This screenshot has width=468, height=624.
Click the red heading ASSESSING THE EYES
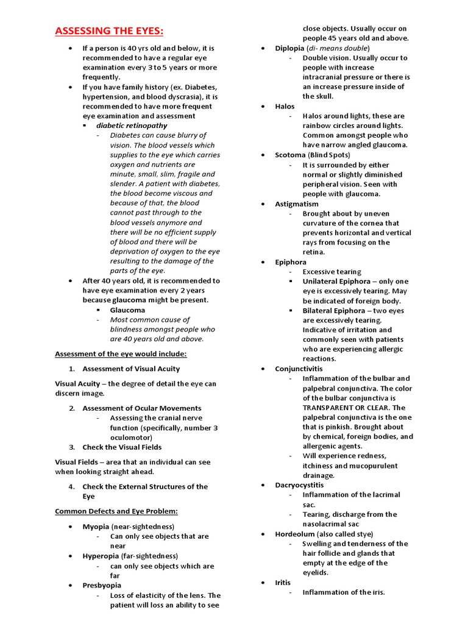coord(109,31)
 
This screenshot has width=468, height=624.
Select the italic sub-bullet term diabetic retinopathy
coord(131,126)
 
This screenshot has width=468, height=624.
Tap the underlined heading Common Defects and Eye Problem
coord(116,511)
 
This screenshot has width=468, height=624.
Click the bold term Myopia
coord(96,526)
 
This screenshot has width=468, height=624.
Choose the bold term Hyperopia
coord(99,556)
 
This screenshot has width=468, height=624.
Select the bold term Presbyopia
coord(102,586)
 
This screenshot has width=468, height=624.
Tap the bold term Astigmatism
coord(297,204)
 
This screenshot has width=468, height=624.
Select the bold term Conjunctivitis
coord(299,369)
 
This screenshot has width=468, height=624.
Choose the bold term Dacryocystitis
coord(300,485)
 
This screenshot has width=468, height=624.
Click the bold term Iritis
coord(283,583)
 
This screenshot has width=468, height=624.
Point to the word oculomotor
coord(130,438)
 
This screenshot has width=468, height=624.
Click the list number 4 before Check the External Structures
coord(71,486)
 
